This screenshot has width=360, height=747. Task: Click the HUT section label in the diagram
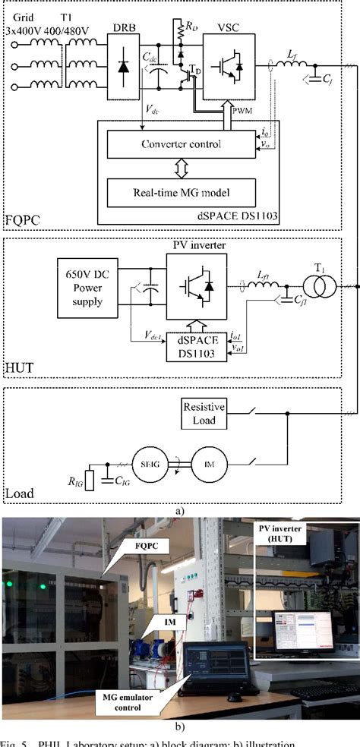(19, 369)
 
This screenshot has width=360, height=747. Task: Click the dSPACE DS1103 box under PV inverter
(197, 346)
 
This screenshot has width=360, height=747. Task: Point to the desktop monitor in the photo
(302, 631)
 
